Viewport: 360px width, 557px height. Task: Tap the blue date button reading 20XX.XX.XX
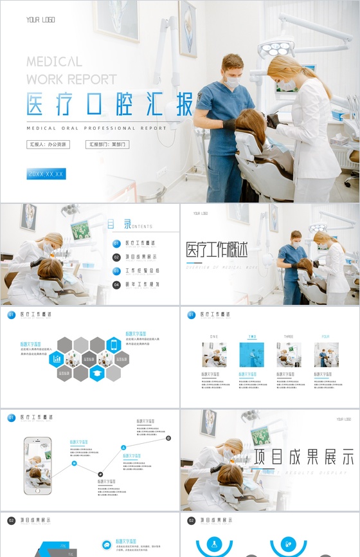[46, 174]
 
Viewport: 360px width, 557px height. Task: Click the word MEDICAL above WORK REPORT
[55, 62]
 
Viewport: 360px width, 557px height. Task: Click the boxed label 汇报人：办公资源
[48, 145]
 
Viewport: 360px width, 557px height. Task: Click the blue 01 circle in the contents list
[116, 244]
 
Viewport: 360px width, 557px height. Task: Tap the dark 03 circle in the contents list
[116, 271]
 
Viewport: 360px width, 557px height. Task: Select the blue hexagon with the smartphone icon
[114, 345]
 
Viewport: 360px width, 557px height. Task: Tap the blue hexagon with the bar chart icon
[57, 358]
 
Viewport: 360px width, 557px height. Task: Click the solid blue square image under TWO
[251, 354]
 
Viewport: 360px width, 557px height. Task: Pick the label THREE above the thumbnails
[289, 336]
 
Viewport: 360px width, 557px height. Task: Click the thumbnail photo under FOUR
[326, 354]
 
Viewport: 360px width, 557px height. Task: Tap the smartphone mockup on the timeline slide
[37, 466]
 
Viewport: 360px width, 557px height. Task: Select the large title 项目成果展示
[303, 457]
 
